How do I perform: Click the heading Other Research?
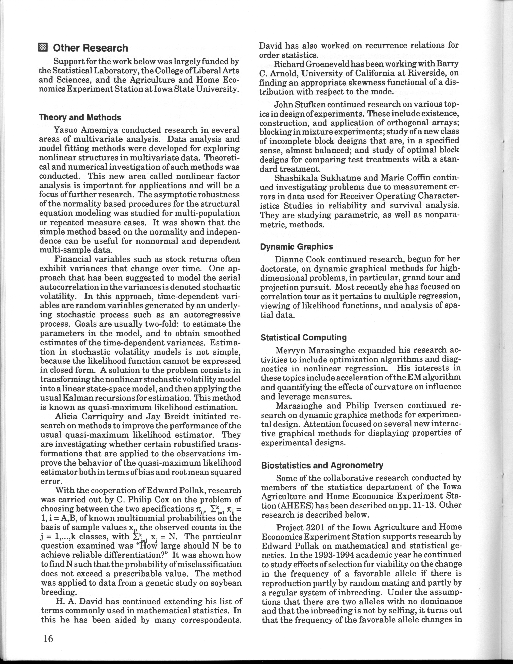coord(90,48)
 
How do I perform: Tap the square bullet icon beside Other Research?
coord(43,48)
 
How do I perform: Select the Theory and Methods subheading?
coord(80,118)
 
